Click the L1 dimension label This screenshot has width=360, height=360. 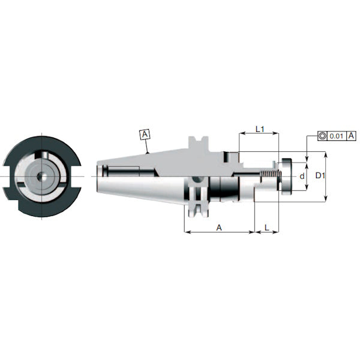coord(259,129)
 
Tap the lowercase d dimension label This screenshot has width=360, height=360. coord(302,176)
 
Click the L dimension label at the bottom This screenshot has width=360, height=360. coord(266,227)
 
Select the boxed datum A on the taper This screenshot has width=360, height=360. coord(145,134)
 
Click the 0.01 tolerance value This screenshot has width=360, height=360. coord(337,137)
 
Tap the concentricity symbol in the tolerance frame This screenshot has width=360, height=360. coord(323,137)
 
